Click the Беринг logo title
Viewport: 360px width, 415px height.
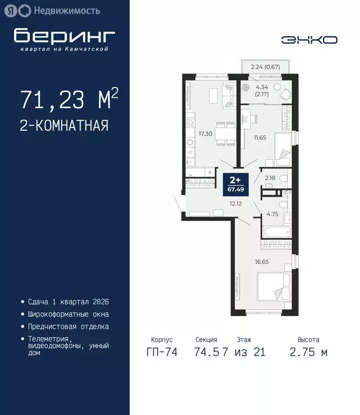coord(65,36)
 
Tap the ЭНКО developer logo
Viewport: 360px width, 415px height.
coord(309,40)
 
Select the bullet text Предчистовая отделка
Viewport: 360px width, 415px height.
coord(68,326)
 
